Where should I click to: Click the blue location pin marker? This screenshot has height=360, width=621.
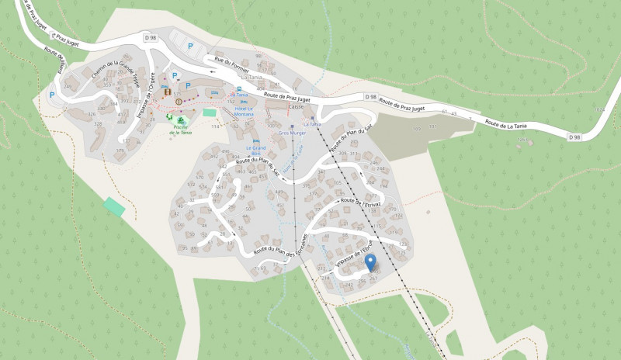coord(371,262)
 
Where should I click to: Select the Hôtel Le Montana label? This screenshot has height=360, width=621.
coord(245,111)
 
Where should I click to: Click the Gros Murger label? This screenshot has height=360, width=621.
coord(292,133)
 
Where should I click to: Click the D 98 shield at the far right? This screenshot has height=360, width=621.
coord(574,137)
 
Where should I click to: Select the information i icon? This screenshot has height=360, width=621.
coord(179,101)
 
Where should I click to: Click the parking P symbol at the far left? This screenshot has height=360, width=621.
coord(52,95)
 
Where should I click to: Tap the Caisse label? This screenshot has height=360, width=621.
coord(296,106)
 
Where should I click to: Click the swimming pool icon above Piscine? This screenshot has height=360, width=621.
coord(180,120)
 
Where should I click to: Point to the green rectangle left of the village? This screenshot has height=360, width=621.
coord(114,207)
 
